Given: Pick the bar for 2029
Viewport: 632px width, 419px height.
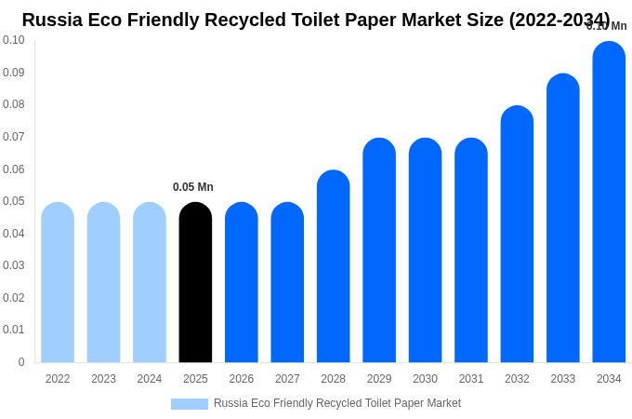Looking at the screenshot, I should [379, 250].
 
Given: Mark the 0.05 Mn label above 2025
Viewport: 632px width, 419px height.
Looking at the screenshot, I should [193, 187].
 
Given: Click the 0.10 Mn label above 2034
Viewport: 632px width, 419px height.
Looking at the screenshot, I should [606, 26].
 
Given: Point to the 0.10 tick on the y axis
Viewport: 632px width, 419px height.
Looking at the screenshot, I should [14, 40].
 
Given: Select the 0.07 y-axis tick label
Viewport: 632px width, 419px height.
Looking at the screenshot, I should [14, 137].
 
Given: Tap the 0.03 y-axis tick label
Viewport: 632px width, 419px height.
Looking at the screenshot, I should [14, 265].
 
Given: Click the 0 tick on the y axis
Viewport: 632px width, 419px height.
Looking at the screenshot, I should [20, 362].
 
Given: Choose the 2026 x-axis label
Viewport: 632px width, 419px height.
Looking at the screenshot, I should [242, 379].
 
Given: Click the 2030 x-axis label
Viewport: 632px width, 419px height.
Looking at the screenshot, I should [425, 379].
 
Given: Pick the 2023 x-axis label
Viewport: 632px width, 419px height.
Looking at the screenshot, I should [103, 379].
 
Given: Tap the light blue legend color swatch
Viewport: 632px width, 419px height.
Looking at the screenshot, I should [190, 404].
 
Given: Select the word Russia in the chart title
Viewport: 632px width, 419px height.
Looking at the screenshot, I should [52, 20].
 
